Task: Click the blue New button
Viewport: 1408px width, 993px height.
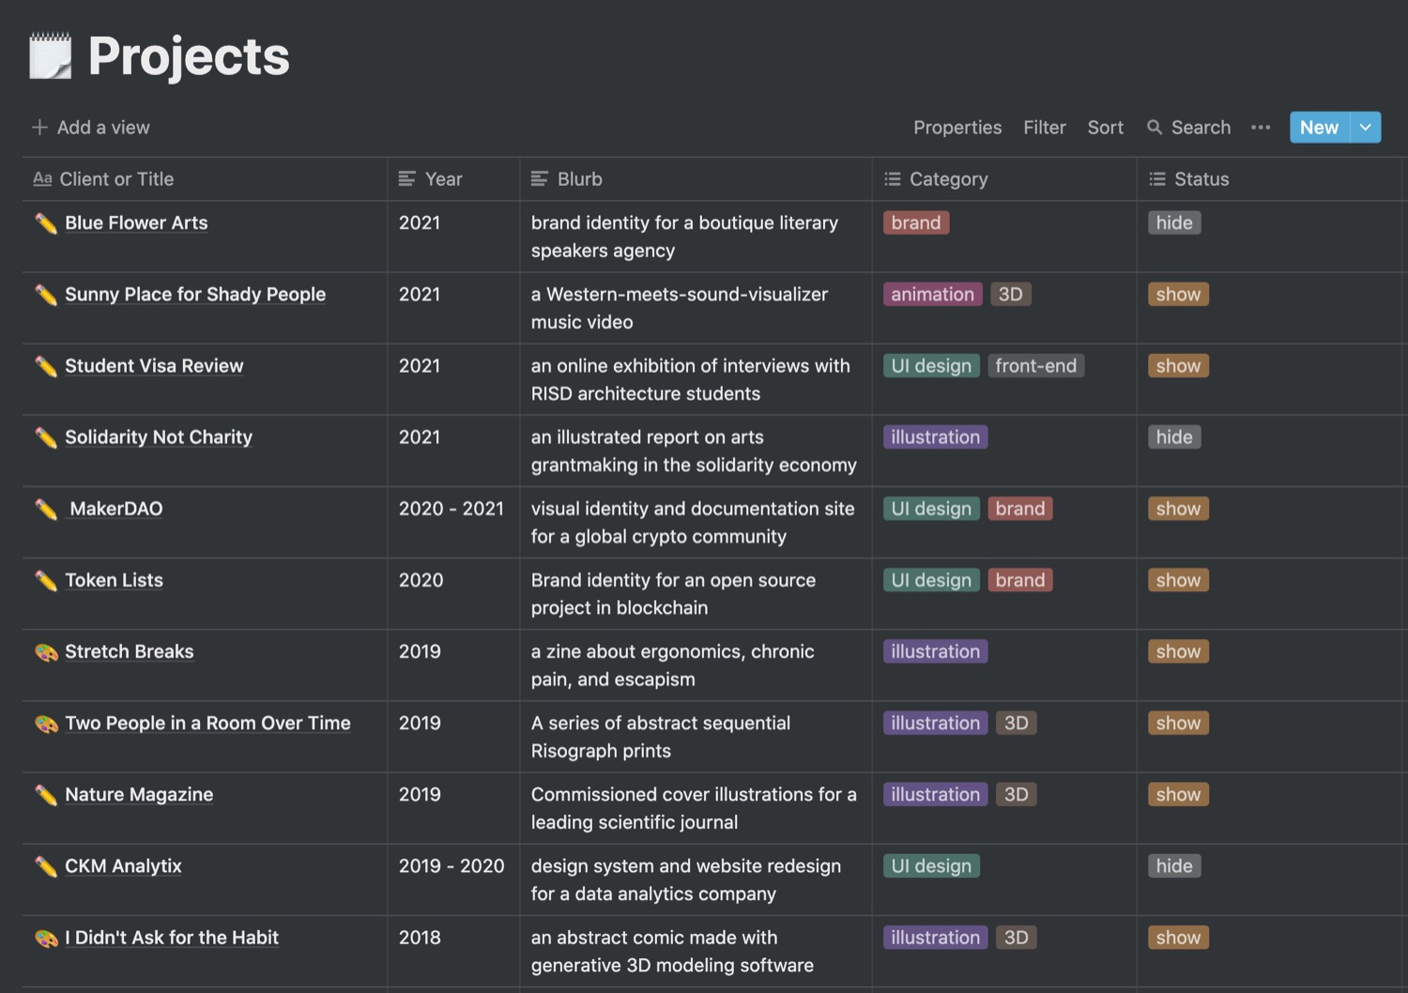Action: tap(1319, 128)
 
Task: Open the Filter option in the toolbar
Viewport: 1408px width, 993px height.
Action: tap(1044, 128)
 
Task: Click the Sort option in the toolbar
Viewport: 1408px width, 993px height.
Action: tap(1105, 128)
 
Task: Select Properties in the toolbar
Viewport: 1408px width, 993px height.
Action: tap(957, 128)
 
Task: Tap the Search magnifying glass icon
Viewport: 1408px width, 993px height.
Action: tap(1155, 128)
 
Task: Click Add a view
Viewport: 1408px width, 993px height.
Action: tap(91, 128)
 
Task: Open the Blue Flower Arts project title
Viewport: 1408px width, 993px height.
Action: tap(136, 223)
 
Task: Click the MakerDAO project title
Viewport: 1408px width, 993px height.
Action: tap(115, 509)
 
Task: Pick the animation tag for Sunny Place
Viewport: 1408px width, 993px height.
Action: tap(932, 295)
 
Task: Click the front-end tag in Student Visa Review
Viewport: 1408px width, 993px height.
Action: tap(1035, 366)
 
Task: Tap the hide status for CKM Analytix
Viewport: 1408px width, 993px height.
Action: tap(1173, 866)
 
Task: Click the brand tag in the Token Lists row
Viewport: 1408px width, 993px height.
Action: tap(1019, 580)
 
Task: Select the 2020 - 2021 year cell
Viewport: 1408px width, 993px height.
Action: tap(451, 509)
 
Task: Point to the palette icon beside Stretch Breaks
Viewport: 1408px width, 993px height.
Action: tap(46, 652)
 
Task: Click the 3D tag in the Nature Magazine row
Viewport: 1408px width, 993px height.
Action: tap(1016, 795)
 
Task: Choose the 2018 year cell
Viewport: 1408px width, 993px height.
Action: tap(420, 938)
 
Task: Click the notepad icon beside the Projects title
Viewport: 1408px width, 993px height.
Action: tap(50, 56)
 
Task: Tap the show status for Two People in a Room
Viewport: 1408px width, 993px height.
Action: tap(1178, 724)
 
